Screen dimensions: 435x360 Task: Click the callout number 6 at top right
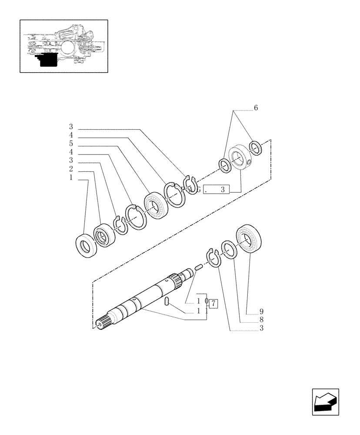[256, 108]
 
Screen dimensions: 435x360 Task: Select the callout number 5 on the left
[70, 144]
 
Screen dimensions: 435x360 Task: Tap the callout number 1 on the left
[70, 178]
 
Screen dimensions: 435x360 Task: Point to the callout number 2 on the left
[70, 169]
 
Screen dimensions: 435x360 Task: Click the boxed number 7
[213, 303]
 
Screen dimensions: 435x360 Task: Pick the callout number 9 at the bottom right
[261, 311]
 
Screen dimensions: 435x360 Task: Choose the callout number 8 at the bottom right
[261, 320]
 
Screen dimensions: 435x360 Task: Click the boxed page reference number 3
[222, 189]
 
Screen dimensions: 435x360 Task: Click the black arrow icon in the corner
[325, 402]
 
